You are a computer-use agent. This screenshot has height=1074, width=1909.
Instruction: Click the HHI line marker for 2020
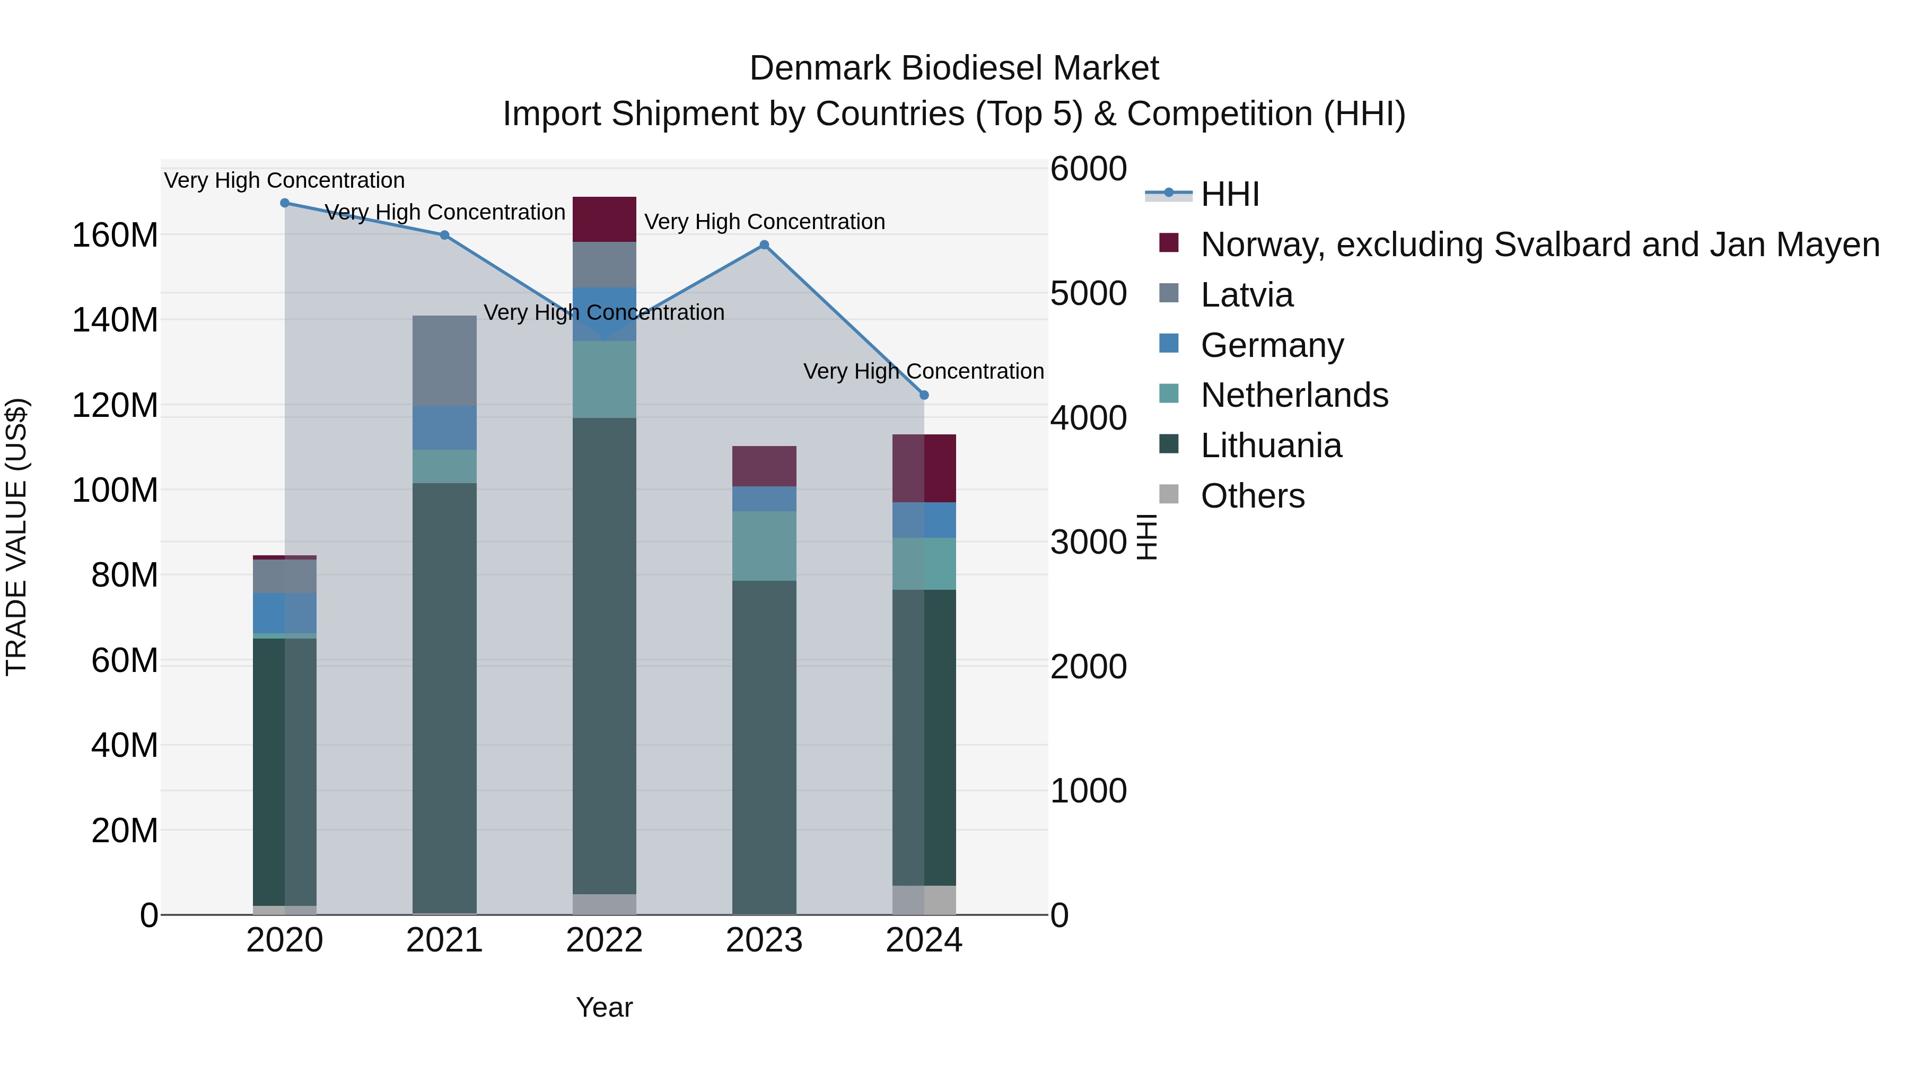coord(285,203)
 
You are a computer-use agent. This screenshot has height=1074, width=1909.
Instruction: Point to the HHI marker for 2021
coord(445,235)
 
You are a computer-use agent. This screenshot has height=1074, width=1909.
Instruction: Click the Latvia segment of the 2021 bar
coord(445,361)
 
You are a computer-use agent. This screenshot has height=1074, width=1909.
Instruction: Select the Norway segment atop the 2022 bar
coord(605,220)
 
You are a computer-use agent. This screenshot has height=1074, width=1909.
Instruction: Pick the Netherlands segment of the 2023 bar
coord(764,546)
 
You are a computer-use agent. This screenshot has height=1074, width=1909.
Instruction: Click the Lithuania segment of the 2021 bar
coord(445,697)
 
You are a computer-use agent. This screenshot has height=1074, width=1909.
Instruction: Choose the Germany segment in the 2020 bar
coord(285,613)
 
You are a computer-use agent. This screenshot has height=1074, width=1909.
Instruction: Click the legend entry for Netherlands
coord(1293,395)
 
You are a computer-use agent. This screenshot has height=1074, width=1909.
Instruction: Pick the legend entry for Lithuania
coord(1270,446)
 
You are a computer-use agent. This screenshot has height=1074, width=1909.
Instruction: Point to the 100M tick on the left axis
coord(115,491)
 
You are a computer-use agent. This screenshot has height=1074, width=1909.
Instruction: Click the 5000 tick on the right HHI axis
coord(1088,293)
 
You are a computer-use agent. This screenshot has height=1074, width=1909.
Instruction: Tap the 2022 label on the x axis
coord(605,940)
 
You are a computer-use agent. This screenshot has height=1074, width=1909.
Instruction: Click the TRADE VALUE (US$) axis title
coord(17,537)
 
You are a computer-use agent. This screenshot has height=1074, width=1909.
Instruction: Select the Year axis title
coord(605,1007)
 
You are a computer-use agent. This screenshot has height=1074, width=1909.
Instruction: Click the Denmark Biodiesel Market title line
coord(954,68)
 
